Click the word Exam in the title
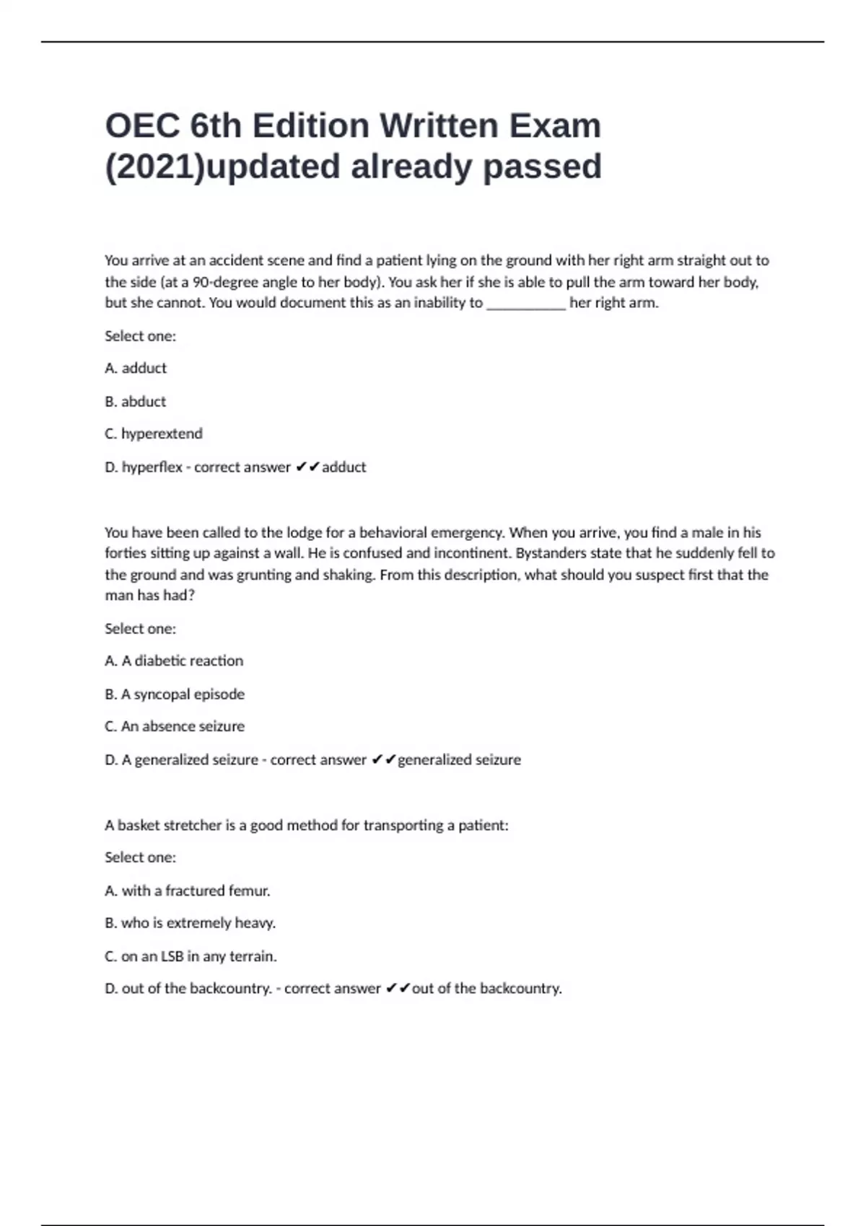(555, 126)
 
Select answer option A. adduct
(136, 368)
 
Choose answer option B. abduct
(136, 401)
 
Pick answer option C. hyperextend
(154, 433)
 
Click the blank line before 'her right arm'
(526, 303)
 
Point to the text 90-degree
(224, 282)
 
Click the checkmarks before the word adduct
(307, 467)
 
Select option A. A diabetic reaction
(174, 661)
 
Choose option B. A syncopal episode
(175, 694)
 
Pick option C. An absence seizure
(175, 726)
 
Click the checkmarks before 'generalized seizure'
(383, 759)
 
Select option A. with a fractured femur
(188, 891)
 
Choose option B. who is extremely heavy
(191, 923)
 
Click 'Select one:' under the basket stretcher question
(140, 857)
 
